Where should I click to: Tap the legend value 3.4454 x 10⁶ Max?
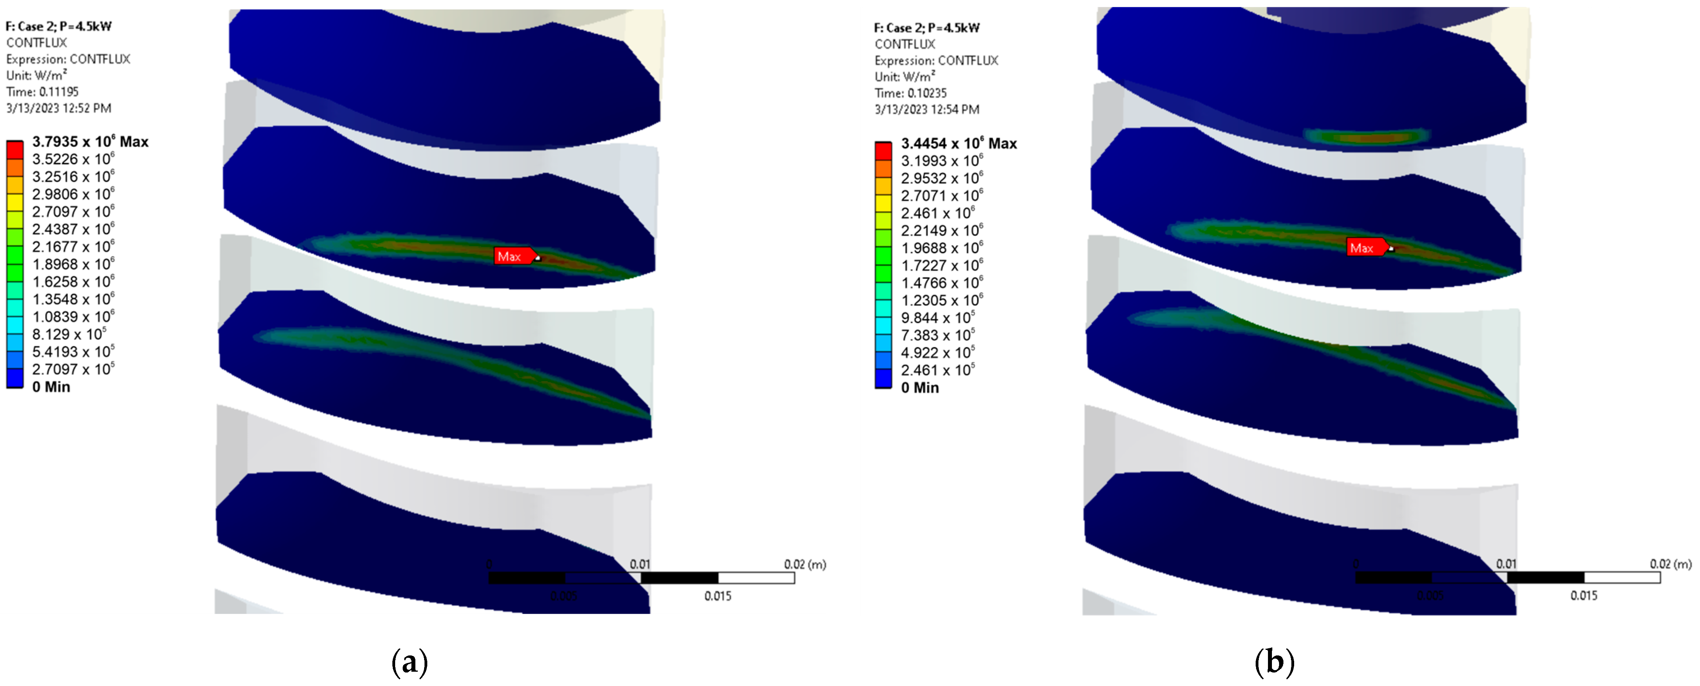(958, 143)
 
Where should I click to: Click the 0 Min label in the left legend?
(51, 387)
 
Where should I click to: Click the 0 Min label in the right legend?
(919, 387)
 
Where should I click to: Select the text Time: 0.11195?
(42, 92)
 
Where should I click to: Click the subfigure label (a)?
(409, 661)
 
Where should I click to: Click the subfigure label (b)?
(1274, 661)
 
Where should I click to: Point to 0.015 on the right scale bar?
(1583, 595)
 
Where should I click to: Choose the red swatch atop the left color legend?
(15, 150)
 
